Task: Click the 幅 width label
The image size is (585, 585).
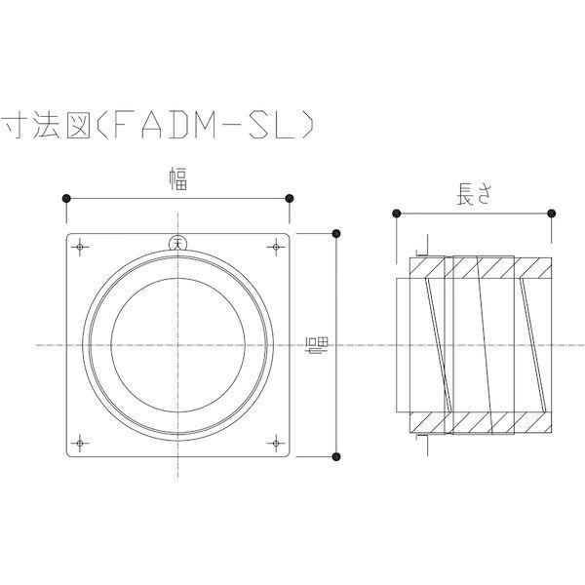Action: (178, 178)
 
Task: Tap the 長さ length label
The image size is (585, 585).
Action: (474, 194)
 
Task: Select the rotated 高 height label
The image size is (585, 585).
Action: (317, 345)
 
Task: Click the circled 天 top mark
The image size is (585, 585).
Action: (177, 243)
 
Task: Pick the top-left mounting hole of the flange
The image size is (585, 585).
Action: (80, 247)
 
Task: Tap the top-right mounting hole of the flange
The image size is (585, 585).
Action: (276, 247)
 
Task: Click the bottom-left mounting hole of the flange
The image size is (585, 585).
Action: (80, 444)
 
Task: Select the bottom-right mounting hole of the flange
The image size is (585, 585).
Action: (276, 444)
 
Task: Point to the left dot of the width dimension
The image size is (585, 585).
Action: (66, 199)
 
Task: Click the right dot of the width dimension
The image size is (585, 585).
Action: (290, 199)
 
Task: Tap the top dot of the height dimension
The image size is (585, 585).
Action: (336, 234)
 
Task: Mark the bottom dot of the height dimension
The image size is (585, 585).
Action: (336, 456)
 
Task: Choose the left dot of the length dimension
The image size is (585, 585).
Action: (397, 214)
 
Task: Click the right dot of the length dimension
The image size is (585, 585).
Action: (552, 214)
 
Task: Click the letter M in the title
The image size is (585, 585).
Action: (205, 125)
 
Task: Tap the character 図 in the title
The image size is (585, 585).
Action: (78, 125)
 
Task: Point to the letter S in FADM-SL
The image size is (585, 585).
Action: (259, 125)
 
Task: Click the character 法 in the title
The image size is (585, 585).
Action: (46, 125)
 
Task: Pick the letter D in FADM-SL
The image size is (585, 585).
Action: (178, 125)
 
